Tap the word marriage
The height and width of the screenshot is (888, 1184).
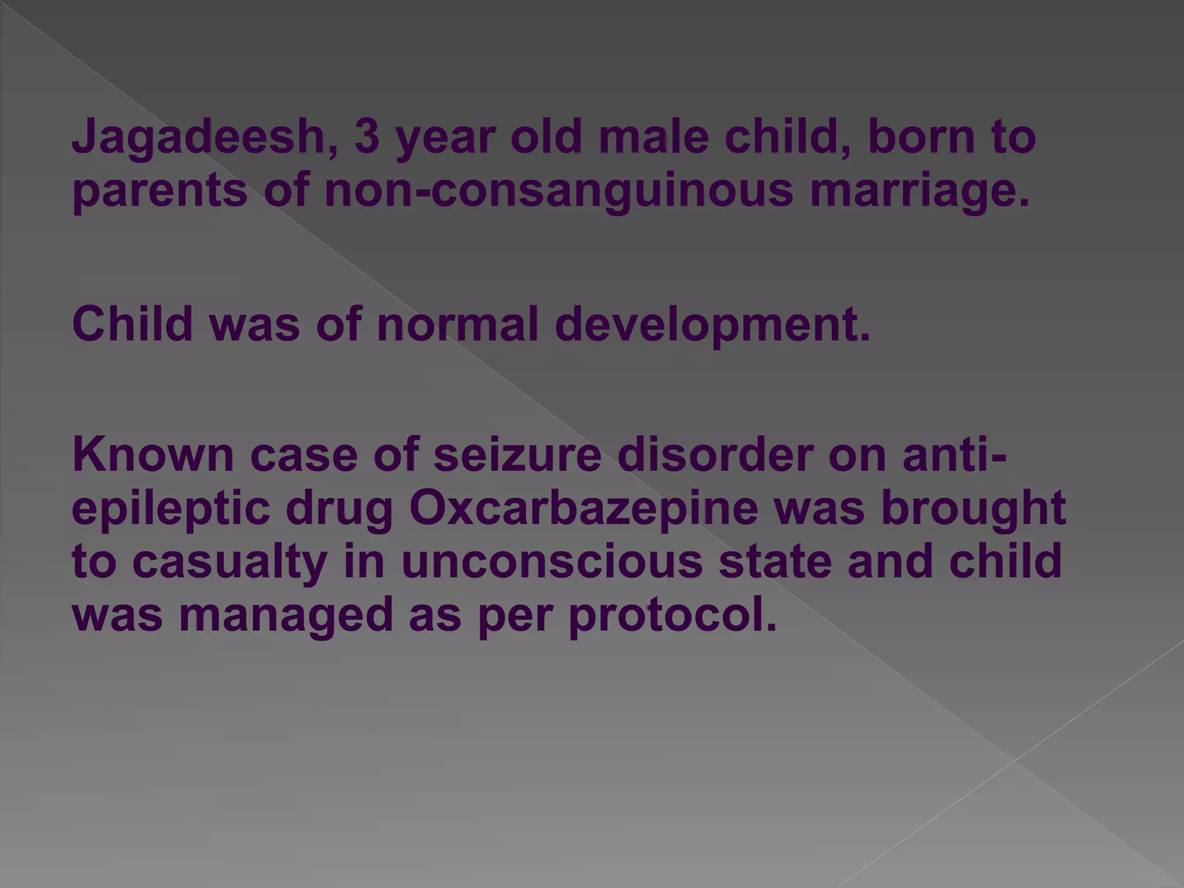pos(920,192)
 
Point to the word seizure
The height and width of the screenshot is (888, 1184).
pos(517,454)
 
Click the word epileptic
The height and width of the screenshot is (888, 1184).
pos(171,509)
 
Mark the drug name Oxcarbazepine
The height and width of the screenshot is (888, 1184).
pos(583,509)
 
